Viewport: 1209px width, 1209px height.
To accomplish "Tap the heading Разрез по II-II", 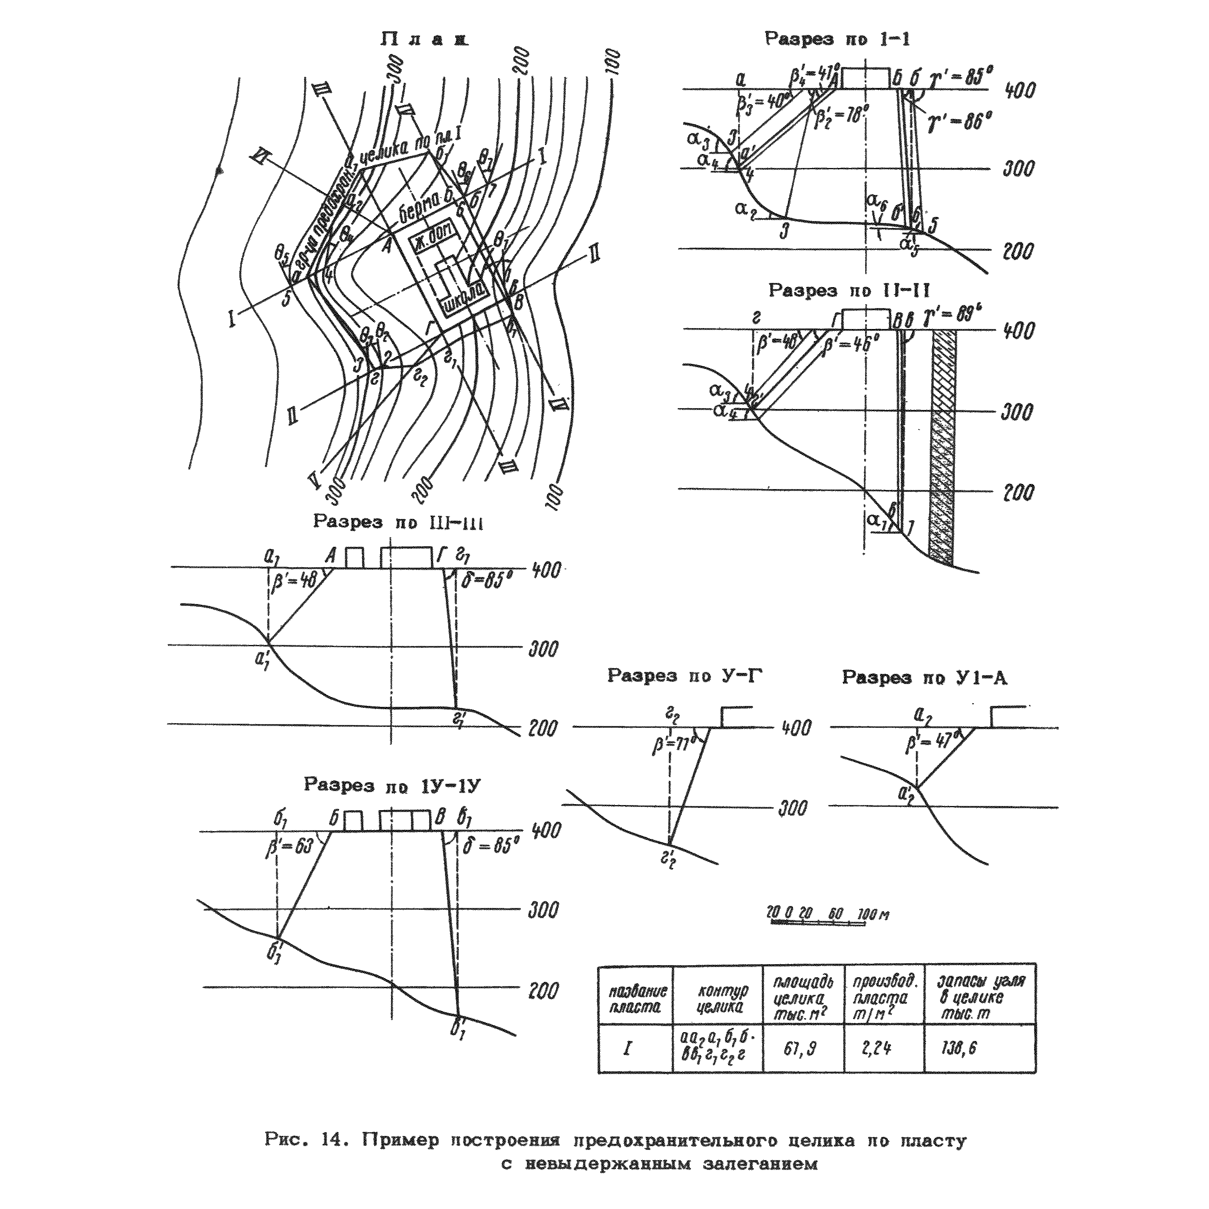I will tap(849, 290).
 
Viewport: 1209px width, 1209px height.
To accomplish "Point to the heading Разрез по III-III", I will tap(398, 522).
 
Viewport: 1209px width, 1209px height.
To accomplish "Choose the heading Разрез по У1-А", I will tap(924, 677).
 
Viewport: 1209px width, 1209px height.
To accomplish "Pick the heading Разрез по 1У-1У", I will tap(392, 785).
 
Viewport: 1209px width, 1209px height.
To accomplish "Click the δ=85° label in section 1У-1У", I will tap(492, 846).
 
